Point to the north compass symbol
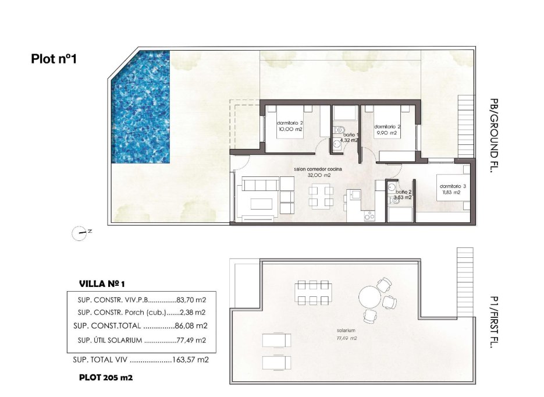pyautogui.click(x=80, y=233)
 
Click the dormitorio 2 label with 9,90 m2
pyautogui.click(x=385, y=129)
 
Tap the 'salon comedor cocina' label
pyautogui.click(x=319, y=172)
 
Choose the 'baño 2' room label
pyautogui.click(x=403, y=194)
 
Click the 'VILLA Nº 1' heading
pyautogui.click(x=102, y=284)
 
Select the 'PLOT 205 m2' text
pyautogui.click(x=106, y=378)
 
